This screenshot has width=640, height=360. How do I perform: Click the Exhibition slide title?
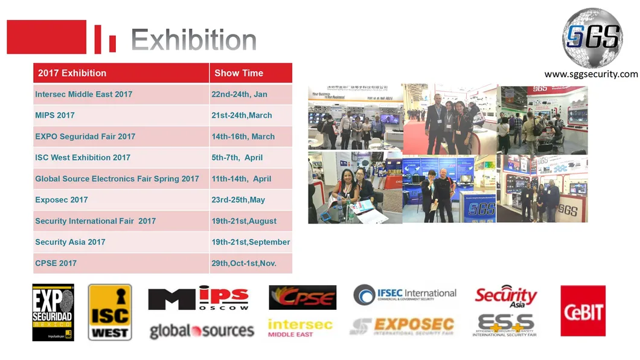[x=193, y=40]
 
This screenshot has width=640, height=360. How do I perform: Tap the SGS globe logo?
[x=592, y=38]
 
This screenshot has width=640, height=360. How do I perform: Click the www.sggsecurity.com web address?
[x=590, y=74]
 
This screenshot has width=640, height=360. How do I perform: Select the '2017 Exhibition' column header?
[x=72, y=73]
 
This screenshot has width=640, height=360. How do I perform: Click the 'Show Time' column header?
[x=238, y=73]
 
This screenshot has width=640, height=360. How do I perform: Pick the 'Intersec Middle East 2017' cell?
[x=83, y=94]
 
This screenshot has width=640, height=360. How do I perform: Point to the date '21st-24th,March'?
[x=242, y=115]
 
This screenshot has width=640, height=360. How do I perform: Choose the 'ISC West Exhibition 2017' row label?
[x=83, y=158]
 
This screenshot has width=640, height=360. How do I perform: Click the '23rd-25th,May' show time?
[x=238, y=200]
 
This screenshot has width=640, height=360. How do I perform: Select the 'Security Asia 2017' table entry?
[x=70, y=242]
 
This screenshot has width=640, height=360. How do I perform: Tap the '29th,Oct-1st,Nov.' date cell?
[x=244, y=263]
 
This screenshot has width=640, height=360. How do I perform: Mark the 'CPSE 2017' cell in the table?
[x=56, y=263]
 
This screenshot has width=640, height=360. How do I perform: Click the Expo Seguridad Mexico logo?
[x=53, y=312]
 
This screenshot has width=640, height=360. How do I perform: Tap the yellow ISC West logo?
[x=110, y=312]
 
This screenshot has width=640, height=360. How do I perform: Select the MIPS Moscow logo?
[x=199, y=299]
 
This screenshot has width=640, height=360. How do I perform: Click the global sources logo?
[x=202, y=330]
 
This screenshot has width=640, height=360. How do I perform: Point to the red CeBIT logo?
[x=583, y=310]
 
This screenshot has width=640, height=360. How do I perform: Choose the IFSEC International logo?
[x=405, y=295]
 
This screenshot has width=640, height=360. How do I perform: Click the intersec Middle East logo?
[x=300, y=328]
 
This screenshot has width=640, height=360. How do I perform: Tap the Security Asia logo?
[x=506, y=297]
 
